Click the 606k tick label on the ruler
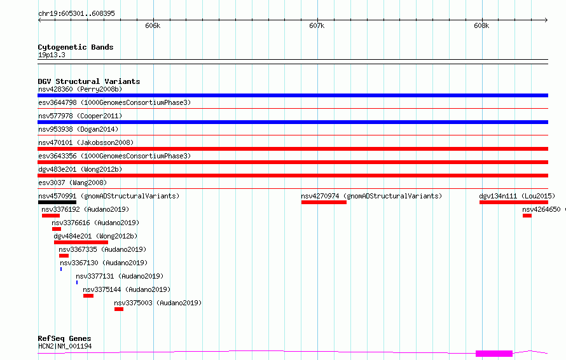[153, 25]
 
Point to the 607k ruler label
[317, 25]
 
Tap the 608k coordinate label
[481, 25]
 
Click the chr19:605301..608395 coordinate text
[76, 13]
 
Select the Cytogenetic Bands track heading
[76, 47]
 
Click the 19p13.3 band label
[52, 55]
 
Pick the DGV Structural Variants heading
[89, 81]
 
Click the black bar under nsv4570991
[57, 202]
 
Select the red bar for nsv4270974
[324, 202]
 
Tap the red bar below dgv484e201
[81, 242]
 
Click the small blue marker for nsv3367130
[61, 269]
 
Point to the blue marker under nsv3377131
[77, 282]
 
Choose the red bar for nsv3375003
[119, 309]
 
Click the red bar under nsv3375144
[88, 296]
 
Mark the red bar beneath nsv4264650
[527, 216]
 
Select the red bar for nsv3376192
[51, 216]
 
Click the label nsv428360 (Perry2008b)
[80, 89]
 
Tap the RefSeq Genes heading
[64, 338]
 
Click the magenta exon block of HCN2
[494, 354]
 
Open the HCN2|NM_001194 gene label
[65, 346]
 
